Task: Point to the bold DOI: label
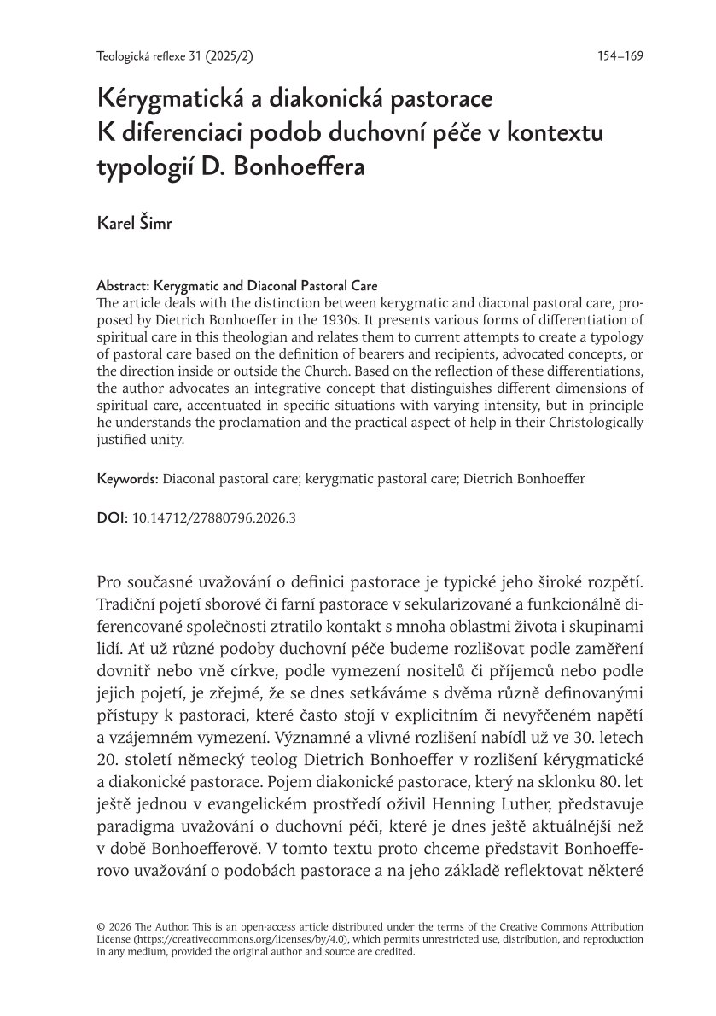click(x=112, y=517)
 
